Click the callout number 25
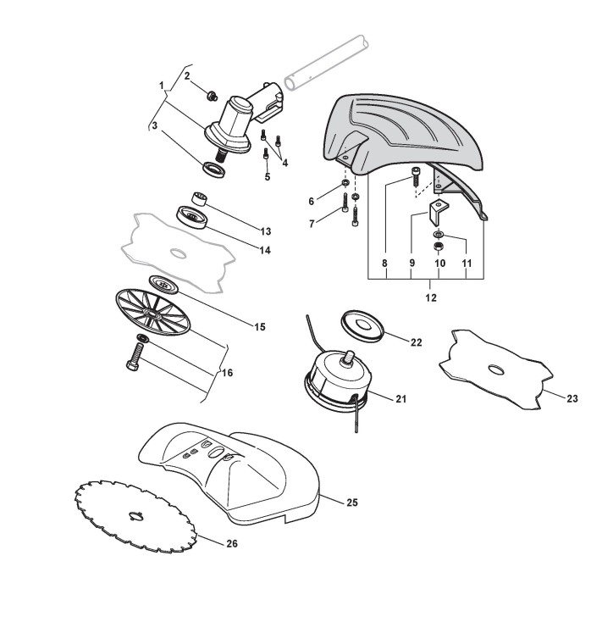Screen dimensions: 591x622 tap(352, 503)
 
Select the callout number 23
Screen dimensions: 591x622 tap(572, 397)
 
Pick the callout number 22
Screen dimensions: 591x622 tap(416, 342)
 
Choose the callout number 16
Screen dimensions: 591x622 tap(227, 373)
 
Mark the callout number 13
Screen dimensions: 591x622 tap(266, 230)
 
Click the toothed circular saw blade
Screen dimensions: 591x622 tap(135, 514)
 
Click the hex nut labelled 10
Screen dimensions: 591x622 tap(439, 247)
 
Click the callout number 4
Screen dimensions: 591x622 tap(284, 163)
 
